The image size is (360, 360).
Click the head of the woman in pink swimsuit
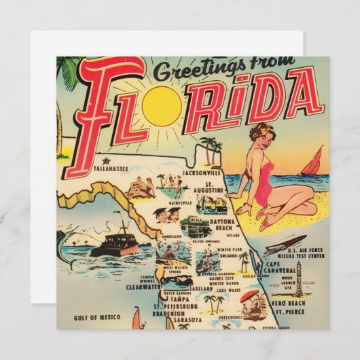(262, 134)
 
